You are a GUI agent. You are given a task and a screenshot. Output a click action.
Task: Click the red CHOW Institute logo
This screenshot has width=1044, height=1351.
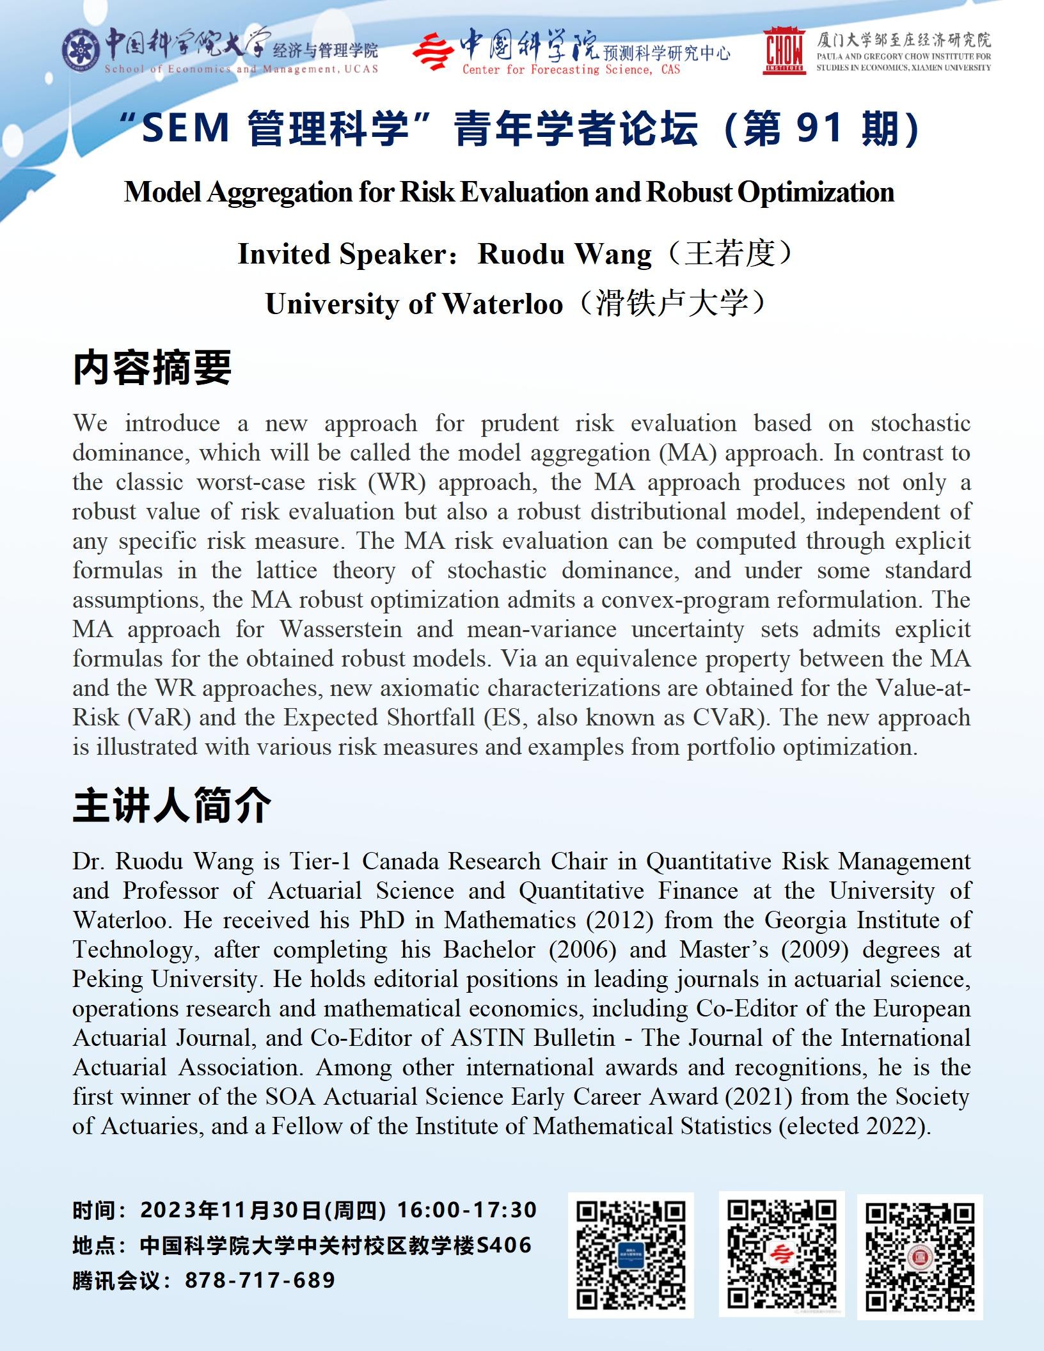click(x=784, y=51)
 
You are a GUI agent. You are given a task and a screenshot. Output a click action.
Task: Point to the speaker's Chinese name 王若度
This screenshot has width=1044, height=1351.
click(x=729, y=254)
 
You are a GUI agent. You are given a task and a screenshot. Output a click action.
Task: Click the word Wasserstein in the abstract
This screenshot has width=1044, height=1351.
click(x=341, y=629)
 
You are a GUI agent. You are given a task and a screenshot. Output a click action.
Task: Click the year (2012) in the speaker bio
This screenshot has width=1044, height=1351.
click(x=619, y=920)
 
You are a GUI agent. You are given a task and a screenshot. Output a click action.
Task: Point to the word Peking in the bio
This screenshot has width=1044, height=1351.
click(x=108, y=979)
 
